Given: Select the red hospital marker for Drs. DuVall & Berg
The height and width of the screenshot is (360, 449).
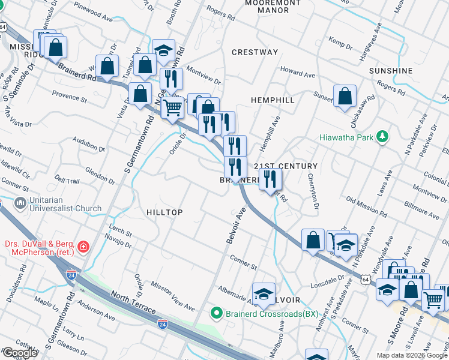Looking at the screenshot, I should click(x=83, y=246).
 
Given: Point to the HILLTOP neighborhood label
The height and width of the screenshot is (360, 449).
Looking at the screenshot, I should click(x=164, y=212).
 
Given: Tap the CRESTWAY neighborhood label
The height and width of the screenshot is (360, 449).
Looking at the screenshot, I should click(x=255, y=52).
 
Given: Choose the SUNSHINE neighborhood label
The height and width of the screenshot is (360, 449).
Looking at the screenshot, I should click(x=391, y=71).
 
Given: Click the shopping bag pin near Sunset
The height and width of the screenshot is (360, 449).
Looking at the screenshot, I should click(x=345, y=96).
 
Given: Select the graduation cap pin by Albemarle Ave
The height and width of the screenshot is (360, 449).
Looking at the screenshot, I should click(x=263, y=293).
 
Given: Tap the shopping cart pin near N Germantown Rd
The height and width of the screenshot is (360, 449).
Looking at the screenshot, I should click(x=173, y=108).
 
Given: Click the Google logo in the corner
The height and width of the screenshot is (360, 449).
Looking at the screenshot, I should click(x=20, y=353).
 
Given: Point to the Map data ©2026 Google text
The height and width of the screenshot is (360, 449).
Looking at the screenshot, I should click(x=412, y=355).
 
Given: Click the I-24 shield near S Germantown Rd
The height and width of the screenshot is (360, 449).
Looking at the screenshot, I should click(x=71, y=275).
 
